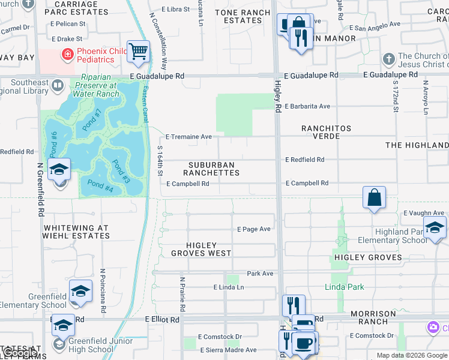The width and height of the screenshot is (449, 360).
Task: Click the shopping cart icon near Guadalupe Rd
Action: point(139,52)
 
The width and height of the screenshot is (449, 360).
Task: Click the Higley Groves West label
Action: point(200,249)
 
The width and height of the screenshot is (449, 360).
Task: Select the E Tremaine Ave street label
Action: point(188,137)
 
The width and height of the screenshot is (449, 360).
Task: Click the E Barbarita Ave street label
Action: point(307,106)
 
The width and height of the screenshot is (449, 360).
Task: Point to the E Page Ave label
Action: point(254,229)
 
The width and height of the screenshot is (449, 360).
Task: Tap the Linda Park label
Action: point(344,287)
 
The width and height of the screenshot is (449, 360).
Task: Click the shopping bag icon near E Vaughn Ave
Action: point(374,197)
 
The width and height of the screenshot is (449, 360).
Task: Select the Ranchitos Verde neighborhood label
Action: point(321,132)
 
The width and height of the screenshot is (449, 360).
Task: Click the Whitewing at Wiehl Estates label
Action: point(77,232)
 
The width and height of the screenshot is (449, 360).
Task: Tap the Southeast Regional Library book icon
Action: point(58,86)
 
